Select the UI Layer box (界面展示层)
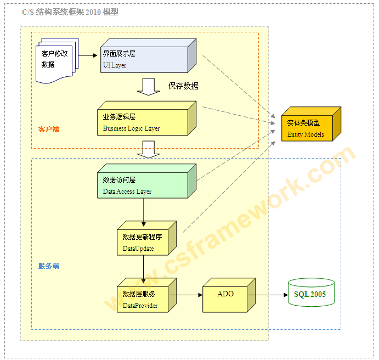coord(145,59)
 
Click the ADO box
coord(227,297)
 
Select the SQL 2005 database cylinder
coord(311,295)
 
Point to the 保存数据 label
coord(183,86)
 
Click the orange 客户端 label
coord(49,130)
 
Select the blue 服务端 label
coord(49,266)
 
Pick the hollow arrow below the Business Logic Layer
coord(148,149)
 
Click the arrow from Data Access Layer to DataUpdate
coord(144,212)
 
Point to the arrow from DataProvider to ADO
coord(186,295)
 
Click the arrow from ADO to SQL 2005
coord(269,295)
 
